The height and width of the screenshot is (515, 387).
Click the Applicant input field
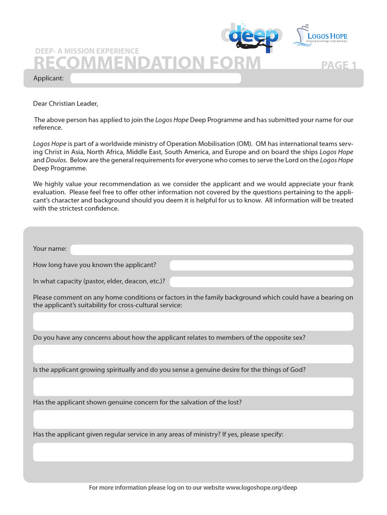[155, 78]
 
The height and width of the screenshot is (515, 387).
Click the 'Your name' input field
[212, 249]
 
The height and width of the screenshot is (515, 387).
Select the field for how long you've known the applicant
[261, 266]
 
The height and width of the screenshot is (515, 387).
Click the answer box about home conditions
[193, 321]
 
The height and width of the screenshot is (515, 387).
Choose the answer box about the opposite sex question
[193, 354]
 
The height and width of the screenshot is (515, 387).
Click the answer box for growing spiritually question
[193, 387]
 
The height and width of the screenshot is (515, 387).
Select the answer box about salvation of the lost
[193, 419]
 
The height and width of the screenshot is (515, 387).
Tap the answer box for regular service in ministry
[193, 452]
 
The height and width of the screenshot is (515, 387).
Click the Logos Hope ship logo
[320, 36]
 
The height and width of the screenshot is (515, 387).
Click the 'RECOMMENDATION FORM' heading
[147, 63]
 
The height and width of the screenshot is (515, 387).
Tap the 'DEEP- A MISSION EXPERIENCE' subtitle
[87, 51]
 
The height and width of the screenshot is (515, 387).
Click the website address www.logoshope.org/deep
[262, 488]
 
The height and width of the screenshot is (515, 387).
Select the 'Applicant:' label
[48, 78]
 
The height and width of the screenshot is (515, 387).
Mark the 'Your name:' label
[50, 248]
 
